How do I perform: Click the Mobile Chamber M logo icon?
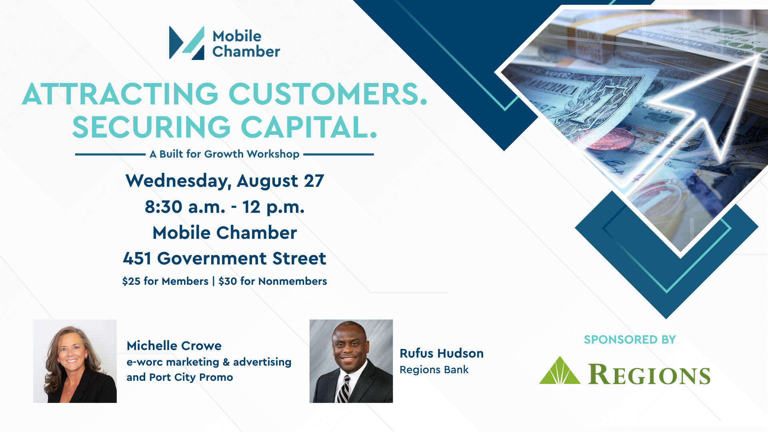point(187,43)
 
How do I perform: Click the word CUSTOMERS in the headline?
point(328,94)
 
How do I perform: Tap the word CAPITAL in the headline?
point(309,128)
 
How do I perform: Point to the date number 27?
point(314,181)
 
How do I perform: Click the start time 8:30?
point(164,207)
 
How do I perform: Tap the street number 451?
point(137,258)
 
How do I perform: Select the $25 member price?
point(131,281)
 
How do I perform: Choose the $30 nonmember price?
point(228,281)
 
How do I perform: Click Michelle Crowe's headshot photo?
point(75,361)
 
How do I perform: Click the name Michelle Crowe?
point(174,346)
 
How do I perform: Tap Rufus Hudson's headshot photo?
point(351,361)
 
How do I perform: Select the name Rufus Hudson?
point(442,353)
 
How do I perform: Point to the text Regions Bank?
point(434,370)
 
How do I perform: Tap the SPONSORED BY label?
point(630,340)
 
